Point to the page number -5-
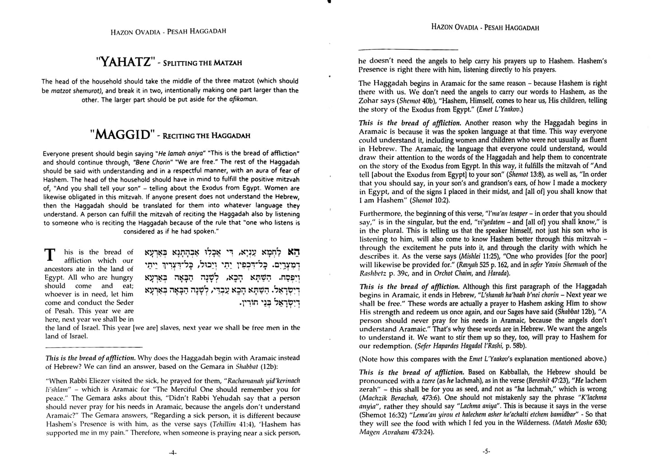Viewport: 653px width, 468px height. (486, 451)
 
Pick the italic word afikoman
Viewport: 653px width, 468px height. (243, 99)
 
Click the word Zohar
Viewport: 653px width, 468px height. (370, 100)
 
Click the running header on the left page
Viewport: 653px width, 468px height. (168, 31)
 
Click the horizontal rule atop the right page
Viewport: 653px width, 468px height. (408, 49)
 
